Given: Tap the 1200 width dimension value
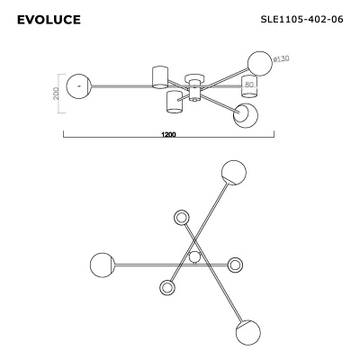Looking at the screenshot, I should coord(168,135).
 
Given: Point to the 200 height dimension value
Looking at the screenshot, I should coord(56,94).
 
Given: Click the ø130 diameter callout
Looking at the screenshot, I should coord(280,59).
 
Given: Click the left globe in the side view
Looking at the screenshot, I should coord(79,85).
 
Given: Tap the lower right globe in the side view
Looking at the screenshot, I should coord(245,113).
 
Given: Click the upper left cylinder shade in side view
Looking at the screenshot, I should coord(160,76).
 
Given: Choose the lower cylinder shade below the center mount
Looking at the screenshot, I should coord(175,102).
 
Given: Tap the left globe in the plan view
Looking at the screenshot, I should coord(102,265).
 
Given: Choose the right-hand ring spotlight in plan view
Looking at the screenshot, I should coord(236,265).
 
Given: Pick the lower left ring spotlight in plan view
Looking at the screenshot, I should coord(166,287).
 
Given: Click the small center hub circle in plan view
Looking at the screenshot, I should coord(194,258).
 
